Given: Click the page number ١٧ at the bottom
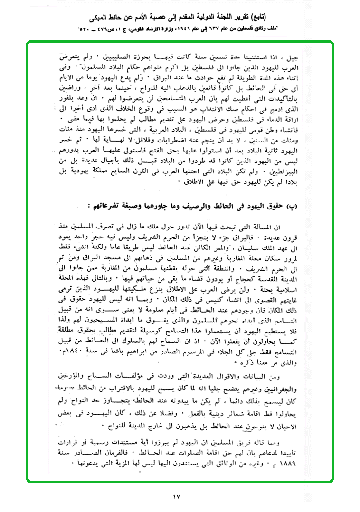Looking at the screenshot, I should [x=177, y=497].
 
